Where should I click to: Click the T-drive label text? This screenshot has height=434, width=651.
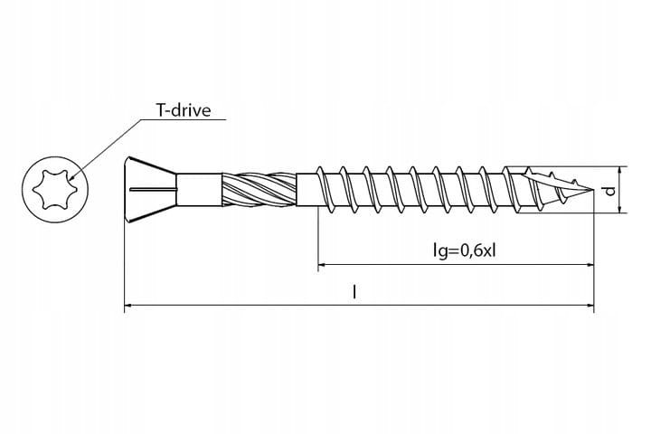pos(184,110)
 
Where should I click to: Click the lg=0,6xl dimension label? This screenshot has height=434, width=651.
pos(464,250)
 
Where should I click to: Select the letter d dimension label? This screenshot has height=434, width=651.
pos(609,191)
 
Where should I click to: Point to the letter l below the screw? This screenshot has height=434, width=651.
pos(354,292)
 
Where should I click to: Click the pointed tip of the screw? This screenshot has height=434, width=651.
pos(592,190)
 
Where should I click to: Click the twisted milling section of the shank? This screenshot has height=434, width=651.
pos(259,190)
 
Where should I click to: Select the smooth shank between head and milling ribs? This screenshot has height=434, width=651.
pos(199,190)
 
